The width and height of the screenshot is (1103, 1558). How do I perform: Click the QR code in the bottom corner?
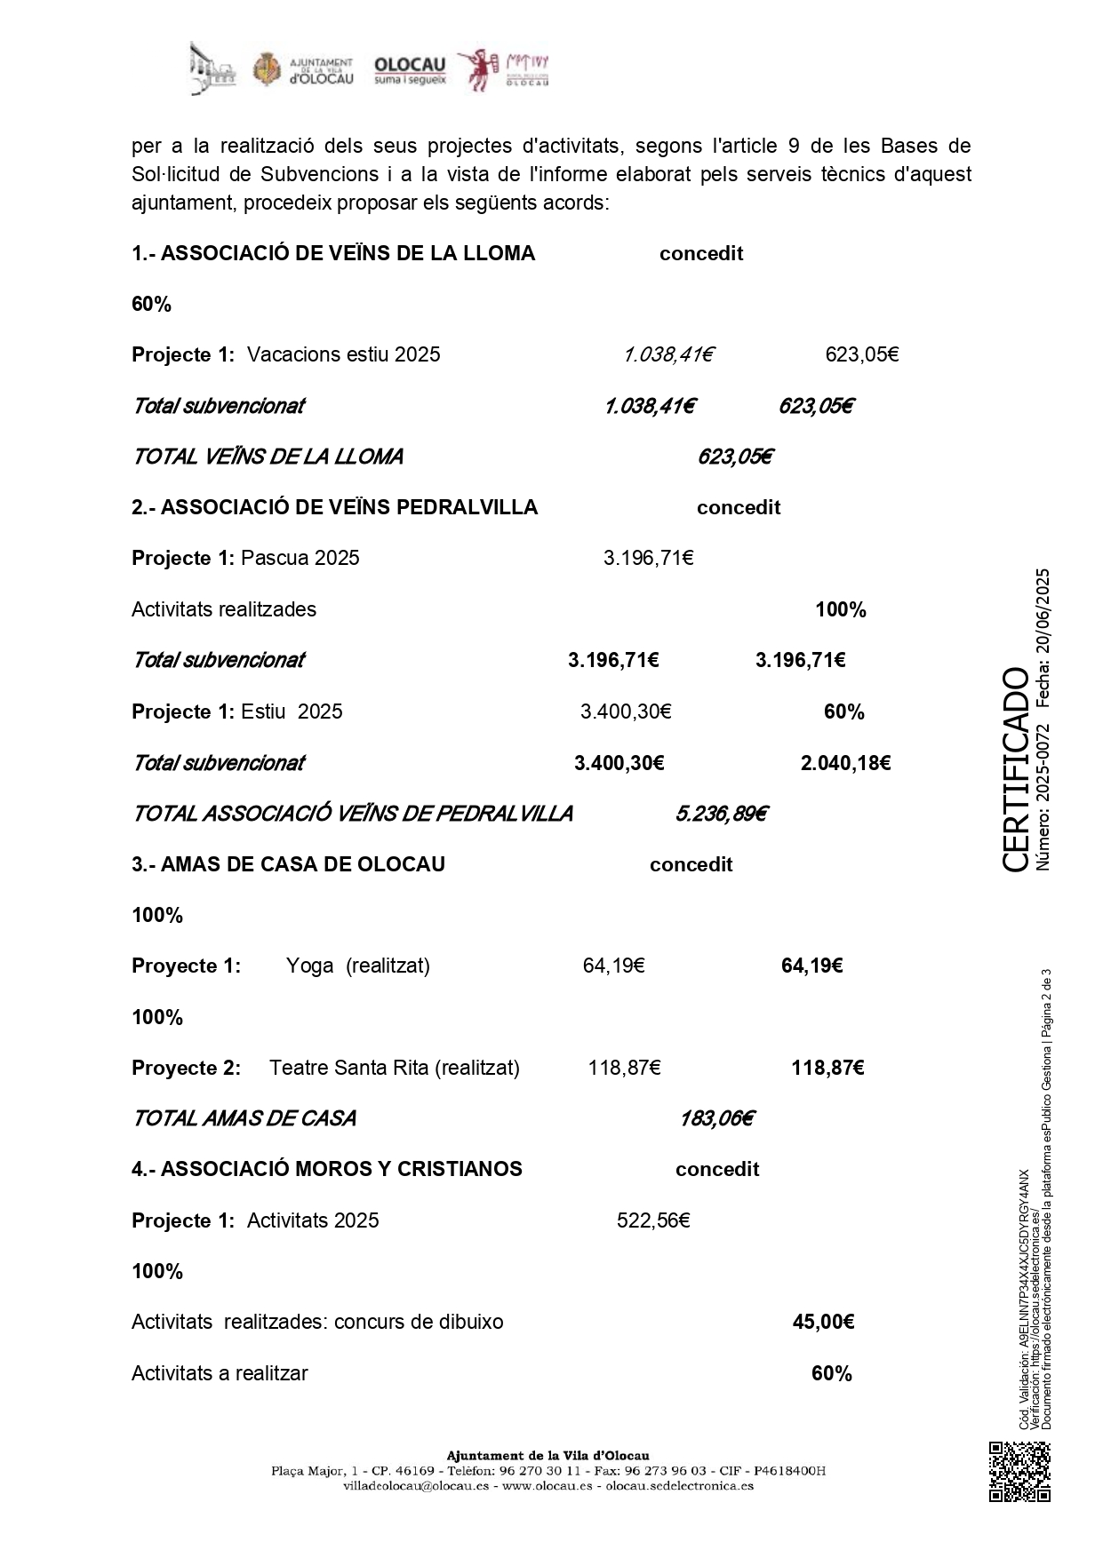1019,1472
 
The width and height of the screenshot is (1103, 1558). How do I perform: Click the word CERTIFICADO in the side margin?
1015,769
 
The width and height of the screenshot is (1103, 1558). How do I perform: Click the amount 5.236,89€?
721,814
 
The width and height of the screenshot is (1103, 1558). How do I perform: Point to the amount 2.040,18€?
845,763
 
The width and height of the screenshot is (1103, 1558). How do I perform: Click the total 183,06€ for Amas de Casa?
716,1118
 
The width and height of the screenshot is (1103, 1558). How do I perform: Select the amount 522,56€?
653,1220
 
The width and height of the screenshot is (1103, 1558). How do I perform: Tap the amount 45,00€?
823,1322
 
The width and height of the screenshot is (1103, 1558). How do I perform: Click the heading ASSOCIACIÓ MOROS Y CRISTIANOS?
327,1169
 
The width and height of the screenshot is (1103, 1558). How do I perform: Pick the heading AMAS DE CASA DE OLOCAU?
289,864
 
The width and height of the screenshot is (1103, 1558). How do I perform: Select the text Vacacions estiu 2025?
344,355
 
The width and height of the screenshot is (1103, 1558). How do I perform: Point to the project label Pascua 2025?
300,559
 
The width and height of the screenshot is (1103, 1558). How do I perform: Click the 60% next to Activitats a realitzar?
832,1373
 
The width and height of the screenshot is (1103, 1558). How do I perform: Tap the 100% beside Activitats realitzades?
841,610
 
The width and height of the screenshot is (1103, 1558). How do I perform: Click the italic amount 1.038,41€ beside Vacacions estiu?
668,355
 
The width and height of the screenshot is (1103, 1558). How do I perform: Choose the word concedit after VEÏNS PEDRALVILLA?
739,508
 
